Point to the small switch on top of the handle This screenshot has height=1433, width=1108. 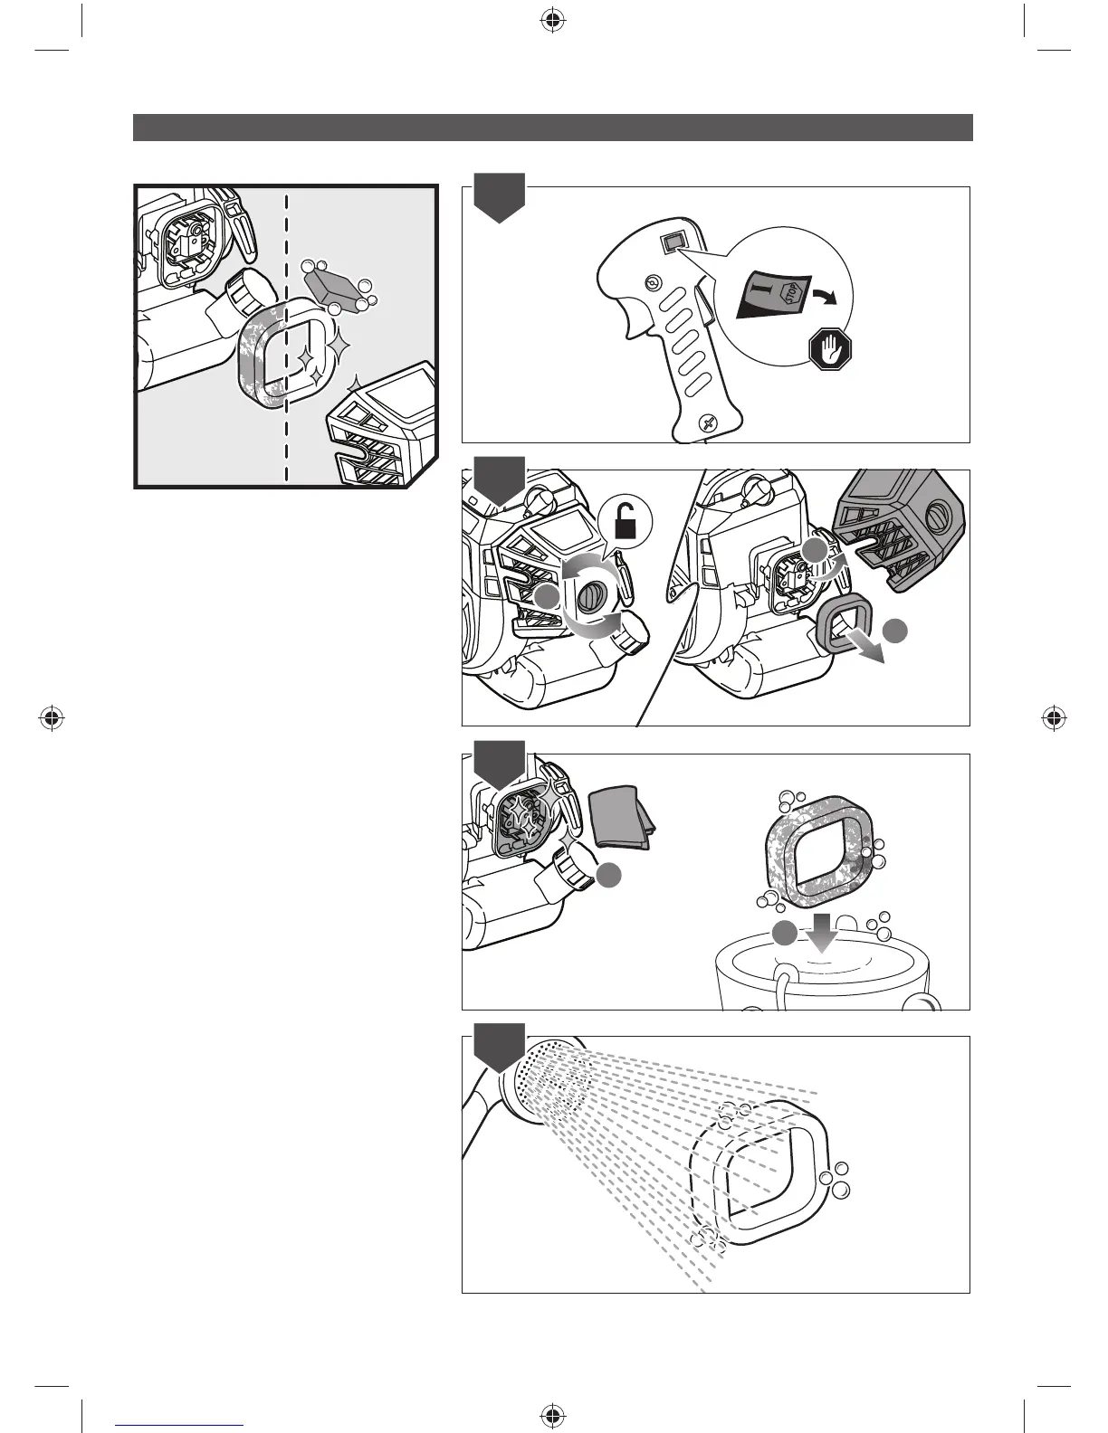[x=674, y=242]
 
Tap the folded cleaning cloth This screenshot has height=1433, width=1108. [x=619, y=818]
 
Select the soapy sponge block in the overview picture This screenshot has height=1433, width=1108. [x=335, y=287]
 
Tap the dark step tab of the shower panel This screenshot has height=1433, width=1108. [x=500, y=1046]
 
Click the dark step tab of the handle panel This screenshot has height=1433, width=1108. [x=500, y=195]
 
